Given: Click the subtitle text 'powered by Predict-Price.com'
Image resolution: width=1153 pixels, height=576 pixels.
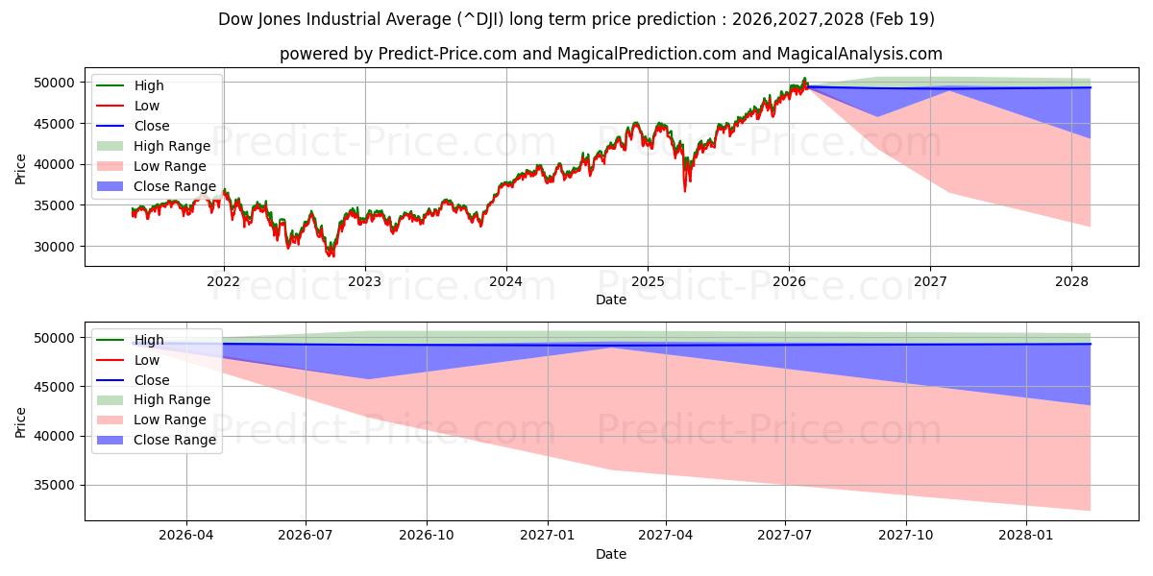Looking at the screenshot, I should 610,54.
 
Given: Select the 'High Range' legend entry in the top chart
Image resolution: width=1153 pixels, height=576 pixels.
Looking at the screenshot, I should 171,146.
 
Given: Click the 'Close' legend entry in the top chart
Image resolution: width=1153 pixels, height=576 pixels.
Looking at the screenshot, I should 151,126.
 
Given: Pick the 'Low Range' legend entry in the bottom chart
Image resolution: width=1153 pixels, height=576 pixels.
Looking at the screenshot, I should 169,420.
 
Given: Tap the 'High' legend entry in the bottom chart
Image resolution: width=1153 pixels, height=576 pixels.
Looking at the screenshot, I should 148,340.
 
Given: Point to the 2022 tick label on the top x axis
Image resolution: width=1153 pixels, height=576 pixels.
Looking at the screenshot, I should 224,280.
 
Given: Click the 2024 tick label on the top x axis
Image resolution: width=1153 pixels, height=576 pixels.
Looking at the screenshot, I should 506,280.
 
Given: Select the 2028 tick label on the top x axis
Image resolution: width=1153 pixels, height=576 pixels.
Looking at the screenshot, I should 1071,280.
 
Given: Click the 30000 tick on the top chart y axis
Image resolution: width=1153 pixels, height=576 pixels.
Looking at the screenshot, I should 57,247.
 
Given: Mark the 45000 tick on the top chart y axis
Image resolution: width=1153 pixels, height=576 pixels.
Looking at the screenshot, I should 57,124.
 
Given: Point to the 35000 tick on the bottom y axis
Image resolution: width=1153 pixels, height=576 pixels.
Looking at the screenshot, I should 57,486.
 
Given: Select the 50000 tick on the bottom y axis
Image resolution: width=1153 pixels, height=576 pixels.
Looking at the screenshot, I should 57,338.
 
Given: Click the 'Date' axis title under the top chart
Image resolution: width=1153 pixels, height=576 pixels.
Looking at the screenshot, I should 610,300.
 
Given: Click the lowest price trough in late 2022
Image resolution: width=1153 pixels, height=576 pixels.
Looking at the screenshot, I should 331,254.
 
